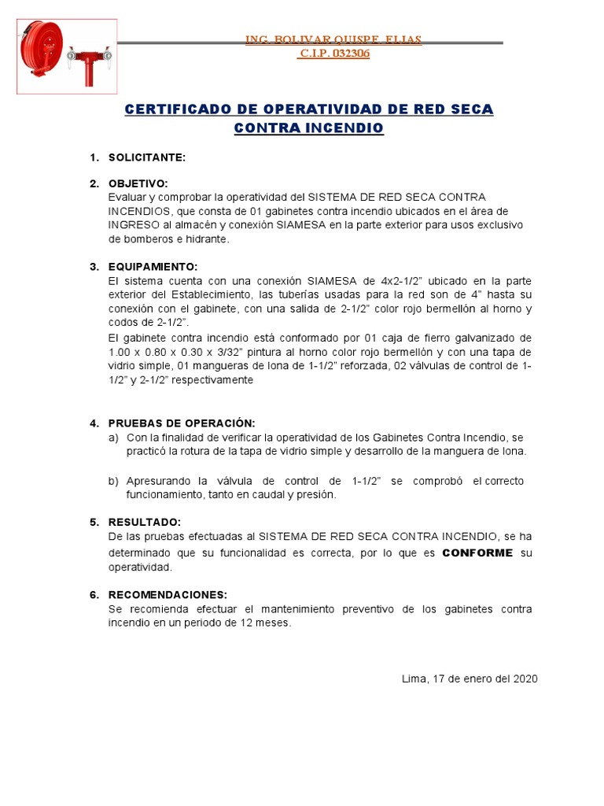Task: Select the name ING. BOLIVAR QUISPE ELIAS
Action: pyautogui.click(x=333, y=39)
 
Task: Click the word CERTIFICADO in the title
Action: pyautogui.click(x=182, y=109)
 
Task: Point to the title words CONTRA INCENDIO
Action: pyautogui.click(x=309, y=128)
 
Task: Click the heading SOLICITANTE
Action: pyautogui.click(x=147, y=157)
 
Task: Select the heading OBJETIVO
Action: pyautogui.click(x=138, y=183)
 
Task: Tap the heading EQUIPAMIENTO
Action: pyautogui.click(x=153, y=267)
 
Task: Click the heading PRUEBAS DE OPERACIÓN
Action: pyautogui.click(x=182, y=423)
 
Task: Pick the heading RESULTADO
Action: pyautogui.click(x=145, y=522)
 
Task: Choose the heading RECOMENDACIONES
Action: pyautogui.click(x=168, y=594)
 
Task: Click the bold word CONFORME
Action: pyautogui.click(x=477, y=553)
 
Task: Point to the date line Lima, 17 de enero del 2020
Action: pyautogui.click(x=470, y=678)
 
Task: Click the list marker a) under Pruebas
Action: pyautogui.click(x=113, y=437)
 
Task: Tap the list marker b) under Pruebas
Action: pyautogui.click(x=113, y=481)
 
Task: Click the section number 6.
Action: pyautogui.click(x=94, y=594)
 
